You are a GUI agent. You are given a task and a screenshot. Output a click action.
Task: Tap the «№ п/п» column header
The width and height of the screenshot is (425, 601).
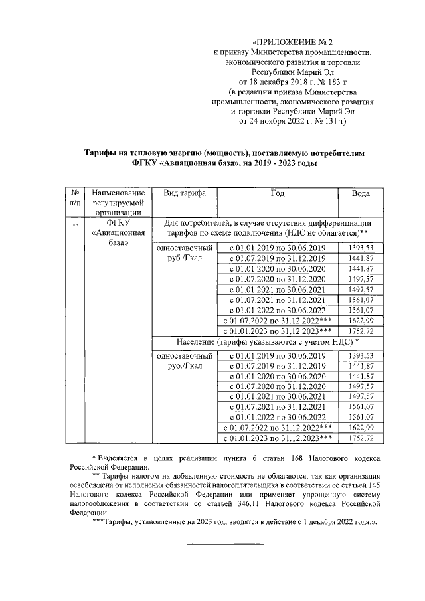pos(74,198)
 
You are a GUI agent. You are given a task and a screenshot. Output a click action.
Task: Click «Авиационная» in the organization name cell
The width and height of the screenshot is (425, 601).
pos(118,233)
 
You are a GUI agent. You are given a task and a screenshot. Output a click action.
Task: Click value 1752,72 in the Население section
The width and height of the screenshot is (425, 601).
pos(361,438)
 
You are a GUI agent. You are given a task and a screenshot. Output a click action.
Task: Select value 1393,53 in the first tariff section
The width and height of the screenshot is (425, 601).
pos(361,247)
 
